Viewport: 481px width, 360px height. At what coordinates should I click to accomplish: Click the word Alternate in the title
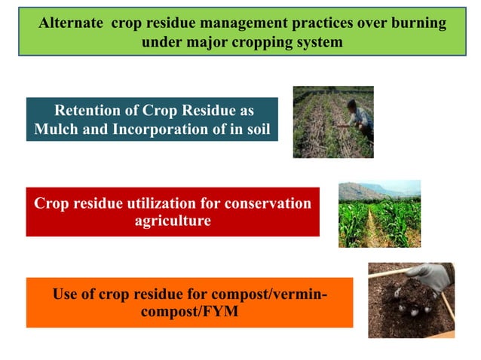click(72, 23)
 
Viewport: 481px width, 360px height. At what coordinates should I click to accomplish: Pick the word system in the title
click(320, 42)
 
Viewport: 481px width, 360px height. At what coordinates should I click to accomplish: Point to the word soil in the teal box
click(256, 129)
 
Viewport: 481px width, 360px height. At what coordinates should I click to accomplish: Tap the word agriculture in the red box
click(173, 221)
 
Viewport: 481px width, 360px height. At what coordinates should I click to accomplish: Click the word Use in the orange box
click(66, 294)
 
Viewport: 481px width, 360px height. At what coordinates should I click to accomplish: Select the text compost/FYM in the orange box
click(190, 312)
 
